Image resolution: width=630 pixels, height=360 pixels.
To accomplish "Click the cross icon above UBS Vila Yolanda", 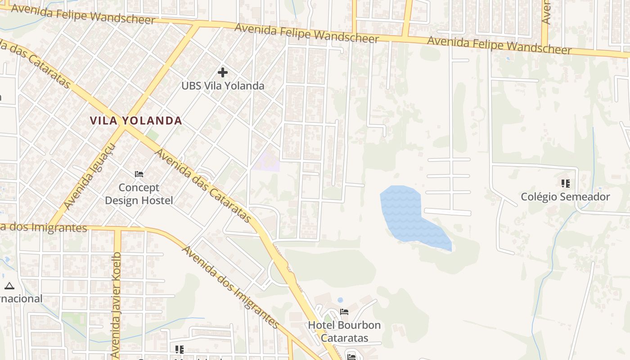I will tap(222, 72).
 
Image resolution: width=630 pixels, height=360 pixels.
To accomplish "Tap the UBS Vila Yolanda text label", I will tap(223, 85).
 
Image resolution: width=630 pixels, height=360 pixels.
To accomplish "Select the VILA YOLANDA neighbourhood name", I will tap(136, 121).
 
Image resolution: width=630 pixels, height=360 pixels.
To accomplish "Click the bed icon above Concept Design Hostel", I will tap(139, 174).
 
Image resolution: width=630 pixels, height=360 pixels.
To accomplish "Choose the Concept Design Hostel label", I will tap(139, 194).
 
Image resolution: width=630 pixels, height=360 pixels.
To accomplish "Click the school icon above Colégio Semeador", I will tap(566, 183).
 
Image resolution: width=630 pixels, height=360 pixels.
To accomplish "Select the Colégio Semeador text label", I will tap(565, 197).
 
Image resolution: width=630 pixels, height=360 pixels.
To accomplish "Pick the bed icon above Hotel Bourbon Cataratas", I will tap(344, 311).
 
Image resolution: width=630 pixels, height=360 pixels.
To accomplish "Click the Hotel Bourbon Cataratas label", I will tap(344, 331).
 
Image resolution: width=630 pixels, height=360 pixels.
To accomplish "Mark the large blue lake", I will tap(407, 214).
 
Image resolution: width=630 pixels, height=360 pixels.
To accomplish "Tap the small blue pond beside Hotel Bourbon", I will tap(340, 300).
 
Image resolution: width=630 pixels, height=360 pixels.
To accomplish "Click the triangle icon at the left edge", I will tap(9, 286).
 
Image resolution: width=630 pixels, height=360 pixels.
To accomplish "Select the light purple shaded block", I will tap(266, 162).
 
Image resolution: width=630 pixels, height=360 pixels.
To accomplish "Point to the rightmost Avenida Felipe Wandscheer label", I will tap(499, 45).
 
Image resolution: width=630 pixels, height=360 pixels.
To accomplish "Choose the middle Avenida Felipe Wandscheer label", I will tap(307, 34).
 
